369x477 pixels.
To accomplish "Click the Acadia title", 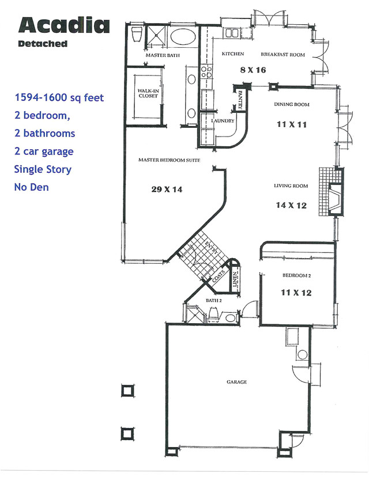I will (63, 25).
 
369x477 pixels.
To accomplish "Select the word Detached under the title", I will (43, 44).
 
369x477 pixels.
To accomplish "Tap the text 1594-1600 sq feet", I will (59, 98).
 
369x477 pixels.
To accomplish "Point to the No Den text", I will (32, 187).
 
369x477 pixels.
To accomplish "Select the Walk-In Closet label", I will (148, 93).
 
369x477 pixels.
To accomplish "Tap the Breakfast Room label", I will (283, 54).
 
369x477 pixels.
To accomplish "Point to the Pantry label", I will (239, 98).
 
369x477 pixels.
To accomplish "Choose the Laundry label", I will (223, 121).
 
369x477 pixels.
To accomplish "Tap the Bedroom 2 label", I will (297, 276).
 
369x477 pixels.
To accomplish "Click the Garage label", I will (237, 381).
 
